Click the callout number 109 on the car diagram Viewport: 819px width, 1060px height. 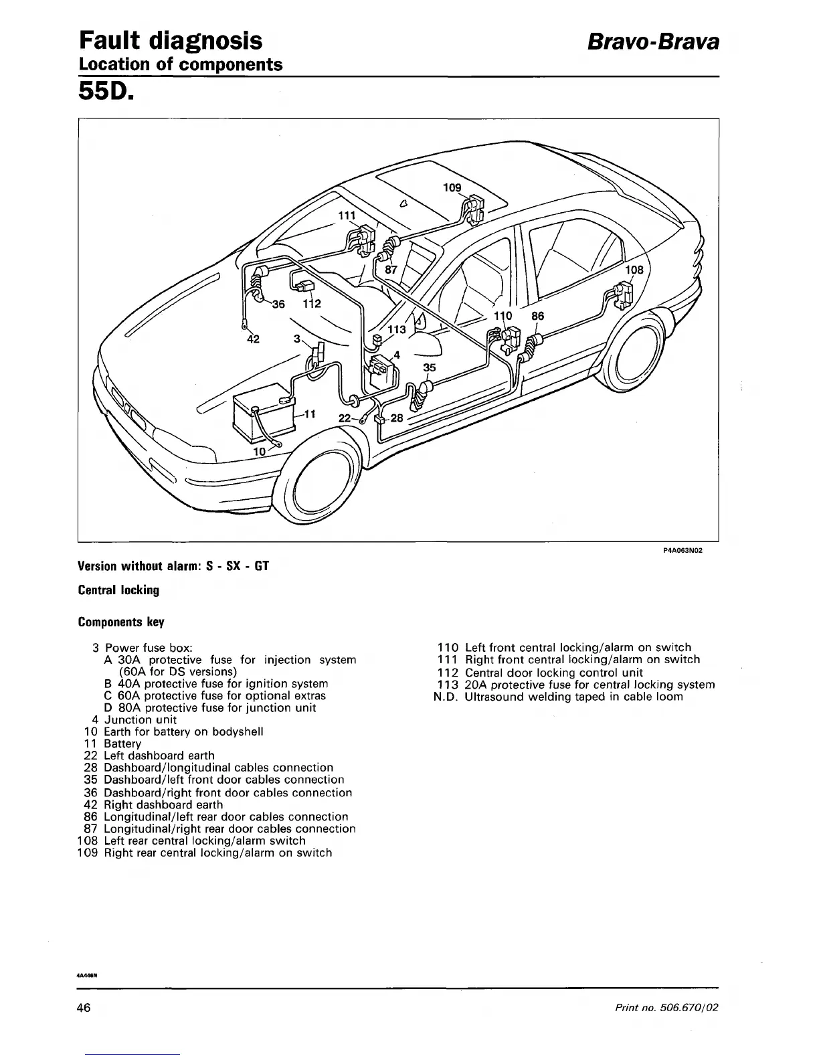[452, 187]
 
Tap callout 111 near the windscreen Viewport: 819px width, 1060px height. [346, 215]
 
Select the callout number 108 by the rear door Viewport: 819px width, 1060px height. [634, 270]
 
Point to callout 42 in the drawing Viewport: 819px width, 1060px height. [253, 339]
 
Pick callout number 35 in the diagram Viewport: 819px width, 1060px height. [430, 367]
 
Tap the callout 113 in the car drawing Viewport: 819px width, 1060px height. [397, 329]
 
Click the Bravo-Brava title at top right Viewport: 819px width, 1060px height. [652, 42]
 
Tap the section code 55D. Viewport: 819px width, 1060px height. [107, 90]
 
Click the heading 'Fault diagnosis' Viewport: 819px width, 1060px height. [171, 41]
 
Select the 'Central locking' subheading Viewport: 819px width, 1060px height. [118, 590]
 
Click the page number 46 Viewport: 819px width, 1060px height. [84, 1008]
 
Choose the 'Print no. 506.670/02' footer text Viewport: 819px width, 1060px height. [666, 1008]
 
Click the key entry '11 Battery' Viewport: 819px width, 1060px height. [113, 743]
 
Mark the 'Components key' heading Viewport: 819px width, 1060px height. [121, 622]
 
